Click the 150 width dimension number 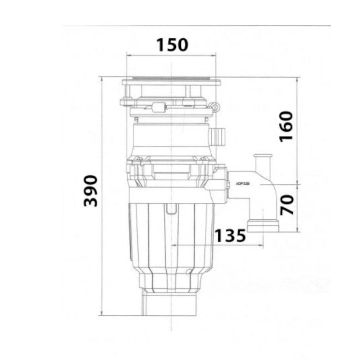coord(172,45)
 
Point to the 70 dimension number coord(287,204)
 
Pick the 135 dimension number coord(230,236)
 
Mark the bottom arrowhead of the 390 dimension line coord(103,313)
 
